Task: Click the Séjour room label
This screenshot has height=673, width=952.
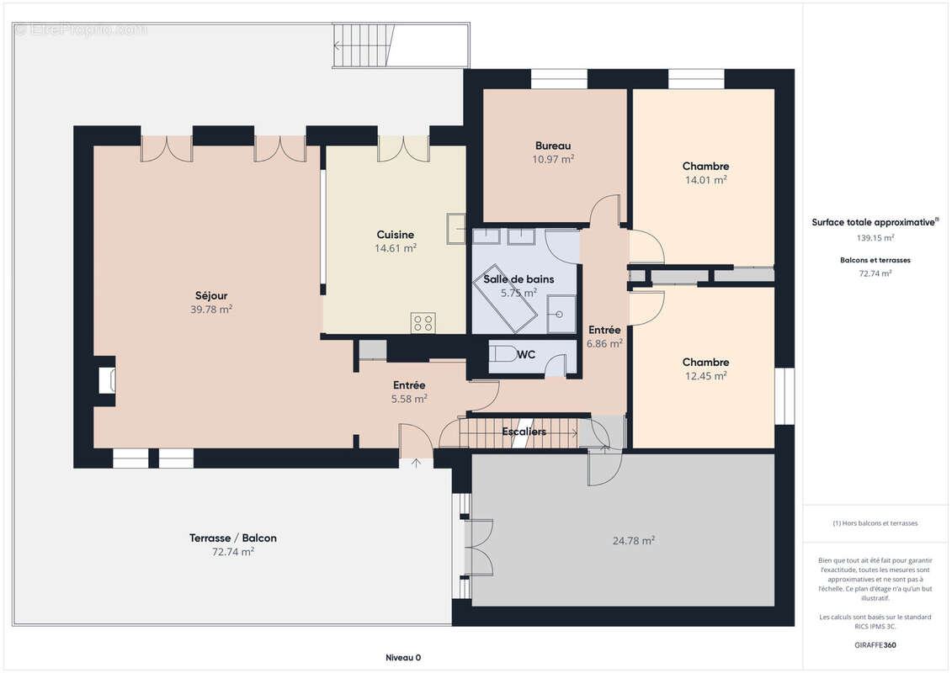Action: point(211,295)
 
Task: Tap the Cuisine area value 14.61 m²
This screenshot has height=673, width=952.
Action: point(396,248)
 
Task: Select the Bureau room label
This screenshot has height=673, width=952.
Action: point(553,146)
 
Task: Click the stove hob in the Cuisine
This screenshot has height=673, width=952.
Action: point(423,322)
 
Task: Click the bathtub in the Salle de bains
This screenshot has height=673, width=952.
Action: point(504,298)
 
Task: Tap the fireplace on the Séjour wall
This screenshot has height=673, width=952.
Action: point(107,380)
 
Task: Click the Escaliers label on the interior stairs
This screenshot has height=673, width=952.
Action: point(524,432)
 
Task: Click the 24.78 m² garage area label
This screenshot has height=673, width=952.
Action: point(633,541)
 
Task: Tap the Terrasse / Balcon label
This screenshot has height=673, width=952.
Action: point(233,538)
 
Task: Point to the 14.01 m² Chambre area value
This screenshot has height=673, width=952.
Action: point(706,180)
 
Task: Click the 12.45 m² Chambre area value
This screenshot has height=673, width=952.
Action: point(706,376)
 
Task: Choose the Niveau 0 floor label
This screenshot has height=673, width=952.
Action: point(403,658)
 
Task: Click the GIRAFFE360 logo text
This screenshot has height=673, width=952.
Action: point(875,645)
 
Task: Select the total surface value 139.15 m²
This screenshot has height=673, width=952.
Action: point(875,238)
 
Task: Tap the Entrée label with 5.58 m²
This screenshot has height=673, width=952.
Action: point(409,385)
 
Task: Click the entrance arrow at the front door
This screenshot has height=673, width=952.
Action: point(416,463)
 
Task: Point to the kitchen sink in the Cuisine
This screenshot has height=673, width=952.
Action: point(456,229)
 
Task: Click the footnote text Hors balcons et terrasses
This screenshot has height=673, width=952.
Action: point(875,523)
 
